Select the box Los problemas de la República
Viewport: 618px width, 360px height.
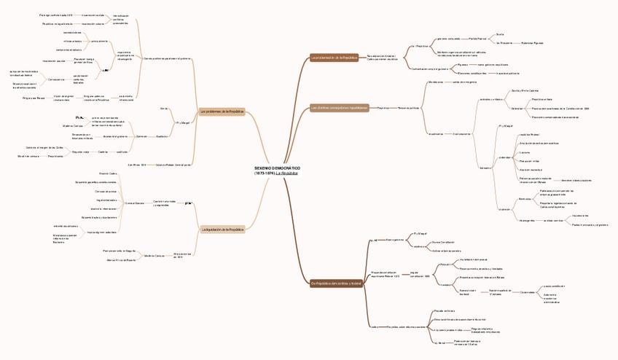point(222,111)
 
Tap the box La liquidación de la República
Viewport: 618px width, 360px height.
point(222,230)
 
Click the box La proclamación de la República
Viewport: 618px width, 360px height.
point(335,57)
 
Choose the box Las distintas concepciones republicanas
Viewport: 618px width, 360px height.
point(339,107)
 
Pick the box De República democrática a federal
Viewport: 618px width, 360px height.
point(336,283)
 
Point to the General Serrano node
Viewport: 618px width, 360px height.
point(134,203)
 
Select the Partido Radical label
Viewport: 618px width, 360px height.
point(477,39)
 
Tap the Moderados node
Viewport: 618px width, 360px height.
point(436,82)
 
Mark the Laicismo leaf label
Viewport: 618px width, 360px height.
point(524,152)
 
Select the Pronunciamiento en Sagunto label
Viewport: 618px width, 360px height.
point(120,250)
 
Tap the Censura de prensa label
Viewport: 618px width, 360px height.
point(106,190)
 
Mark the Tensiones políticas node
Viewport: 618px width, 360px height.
point(408,107)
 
